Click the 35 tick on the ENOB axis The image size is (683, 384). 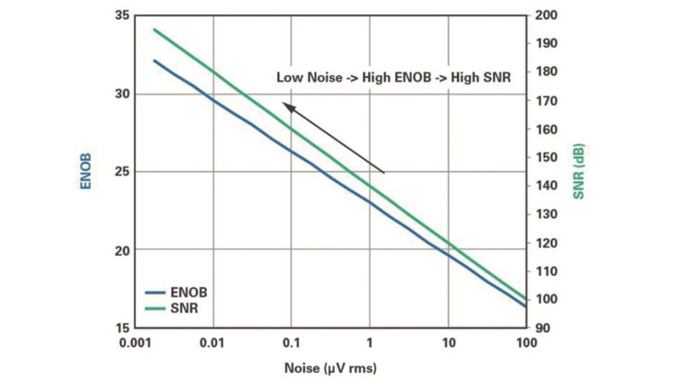point(122,15)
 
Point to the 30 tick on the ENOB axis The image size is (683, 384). point(122,94)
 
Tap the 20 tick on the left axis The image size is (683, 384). point(122,250)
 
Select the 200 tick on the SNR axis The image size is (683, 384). point(546,15)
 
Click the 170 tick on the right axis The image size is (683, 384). point(546,101)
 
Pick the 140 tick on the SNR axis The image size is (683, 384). point(546,186)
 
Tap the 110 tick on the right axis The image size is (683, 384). point(546,271)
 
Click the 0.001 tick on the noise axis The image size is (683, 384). point(134,342)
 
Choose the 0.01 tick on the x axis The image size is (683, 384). point(212,342)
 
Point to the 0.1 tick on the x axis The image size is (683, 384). point(291,342)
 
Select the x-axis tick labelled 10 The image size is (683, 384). point(448,342)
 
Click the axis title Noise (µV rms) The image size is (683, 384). point(330,368)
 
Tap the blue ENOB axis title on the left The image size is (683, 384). point(86,171)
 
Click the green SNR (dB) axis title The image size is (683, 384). point(579,171)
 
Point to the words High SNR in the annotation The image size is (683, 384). point(481,77)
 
